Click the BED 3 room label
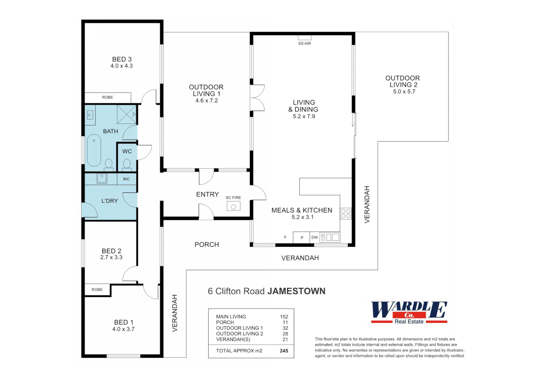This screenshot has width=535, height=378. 122,59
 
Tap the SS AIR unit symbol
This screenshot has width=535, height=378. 304,37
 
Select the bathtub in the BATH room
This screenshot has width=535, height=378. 94,150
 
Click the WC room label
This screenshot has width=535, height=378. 127,151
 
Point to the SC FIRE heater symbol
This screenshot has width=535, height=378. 233,206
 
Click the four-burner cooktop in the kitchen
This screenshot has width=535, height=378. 345,213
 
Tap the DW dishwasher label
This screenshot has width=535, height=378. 314,237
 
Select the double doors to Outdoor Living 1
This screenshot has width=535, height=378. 258,98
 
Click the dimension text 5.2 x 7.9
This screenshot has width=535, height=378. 304,116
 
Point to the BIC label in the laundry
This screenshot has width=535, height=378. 126,179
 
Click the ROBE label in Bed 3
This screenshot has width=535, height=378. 108,97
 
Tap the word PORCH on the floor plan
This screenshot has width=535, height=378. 206,244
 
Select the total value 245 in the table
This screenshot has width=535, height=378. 284,351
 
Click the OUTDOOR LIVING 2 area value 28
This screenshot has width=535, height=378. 285,334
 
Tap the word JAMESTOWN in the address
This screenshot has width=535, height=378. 296,291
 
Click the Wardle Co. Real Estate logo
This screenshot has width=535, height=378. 409,312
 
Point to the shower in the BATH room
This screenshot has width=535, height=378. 126,114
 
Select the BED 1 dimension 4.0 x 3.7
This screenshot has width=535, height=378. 123,329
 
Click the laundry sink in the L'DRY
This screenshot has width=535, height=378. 102,178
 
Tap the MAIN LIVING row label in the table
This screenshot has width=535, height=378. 231,316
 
